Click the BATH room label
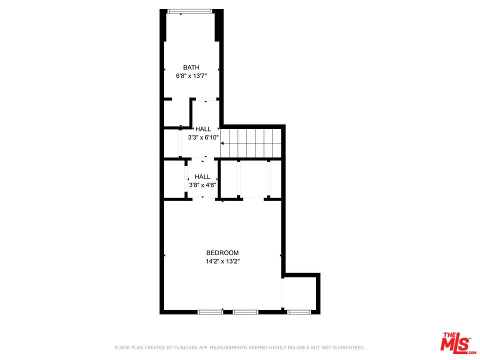point(191,67)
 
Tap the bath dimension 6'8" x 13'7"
point(191,76)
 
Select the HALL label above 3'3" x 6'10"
point(203,129)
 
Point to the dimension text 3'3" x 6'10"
point(203,137)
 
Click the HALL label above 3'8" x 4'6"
point(202,176)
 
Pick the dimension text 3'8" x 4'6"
point(202,185)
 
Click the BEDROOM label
point(222,253)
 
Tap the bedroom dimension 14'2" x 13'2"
point(222,261)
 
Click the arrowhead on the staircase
point(222,143)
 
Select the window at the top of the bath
point(190,11)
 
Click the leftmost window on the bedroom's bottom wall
point(210,312)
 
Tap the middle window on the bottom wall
point(245,312)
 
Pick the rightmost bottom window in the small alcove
point(299,312)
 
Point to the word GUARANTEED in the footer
point(348,347)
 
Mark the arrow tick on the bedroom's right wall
point(280,255)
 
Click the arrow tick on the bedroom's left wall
point(165,255)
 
